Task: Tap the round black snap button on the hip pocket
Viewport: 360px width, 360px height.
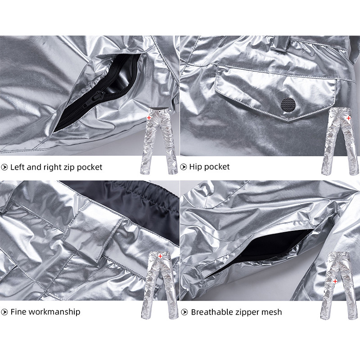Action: click(x=288, y=104)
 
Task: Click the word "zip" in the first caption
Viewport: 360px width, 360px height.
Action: click(x=69, y=167)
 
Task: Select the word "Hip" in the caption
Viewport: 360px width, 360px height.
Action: click(x=195, y=167)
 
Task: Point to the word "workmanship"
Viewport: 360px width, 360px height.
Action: click(x=54, y=312)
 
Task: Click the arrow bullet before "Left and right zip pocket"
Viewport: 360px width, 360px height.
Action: click(x=4, y=167)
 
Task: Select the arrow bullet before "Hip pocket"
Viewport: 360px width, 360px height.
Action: click(x=183, y=167)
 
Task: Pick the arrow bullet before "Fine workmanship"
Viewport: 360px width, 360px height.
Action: click(x=4, y=312)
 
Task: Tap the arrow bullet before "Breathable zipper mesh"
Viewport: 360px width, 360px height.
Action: click(x=184, y=312)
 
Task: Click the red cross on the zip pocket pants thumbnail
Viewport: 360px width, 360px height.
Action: click(x=149, y=118)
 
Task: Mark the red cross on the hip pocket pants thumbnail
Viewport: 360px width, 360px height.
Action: click(x=348, y=118)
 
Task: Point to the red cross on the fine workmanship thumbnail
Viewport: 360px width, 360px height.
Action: click(x=160, y=256)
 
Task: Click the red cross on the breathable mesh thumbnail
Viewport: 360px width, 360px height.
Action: click(x=335, y=281)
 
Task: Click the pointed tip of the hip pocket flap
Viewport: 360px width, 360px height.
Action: click(x=289, y=121)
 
